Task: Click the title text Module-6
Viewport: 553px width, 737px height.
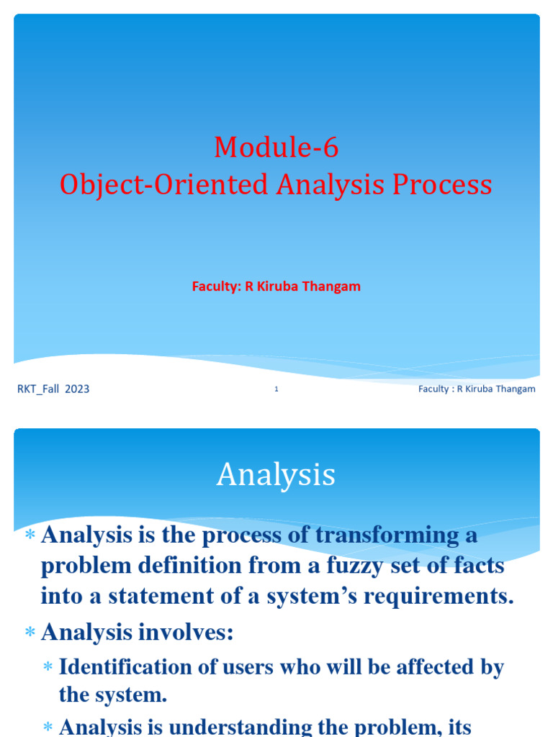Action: pos(276,148)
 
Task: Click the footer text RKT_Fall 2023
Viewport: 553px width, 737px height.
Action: pos(53,389)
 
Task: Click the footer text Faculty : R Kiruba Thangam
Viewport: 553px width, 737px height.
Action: pos(477,389)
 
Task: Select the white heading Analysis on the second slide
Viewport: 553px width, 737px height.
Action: pos(276,475)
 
